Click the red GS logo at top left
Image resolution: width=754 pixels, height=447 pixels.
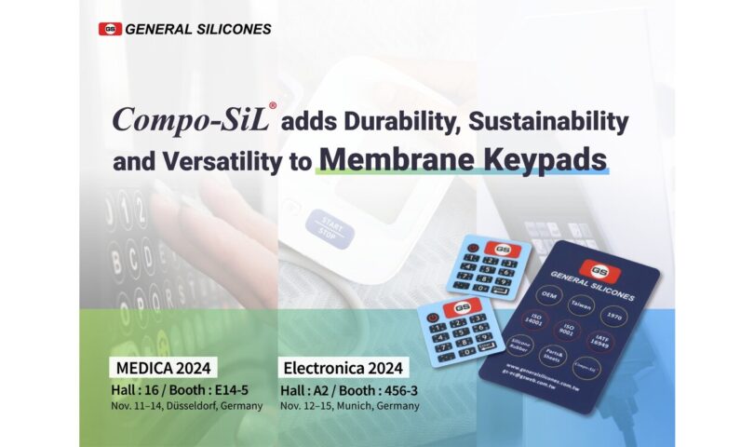(110, 29)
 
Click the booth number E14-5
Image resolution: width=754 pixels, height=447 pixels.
(242, 387)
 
